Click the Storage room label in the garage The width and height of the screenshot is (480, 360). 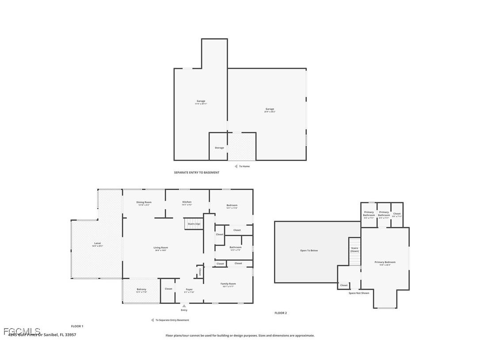[x=219, y=148]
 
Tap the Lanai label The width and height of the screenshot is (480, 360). [x=97, y=243]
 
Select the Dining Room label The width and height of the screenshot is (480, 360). [x=144, y=203]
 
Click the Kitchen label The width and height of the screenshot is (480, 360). [x=187, y=202]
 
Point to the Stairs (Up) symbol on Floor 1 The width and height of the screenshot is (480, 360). [x=193, y=224]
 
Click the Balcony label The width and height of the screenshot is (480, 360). [x=141, y=290]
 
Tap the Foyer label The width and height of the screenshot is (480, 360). [x=189, y=290]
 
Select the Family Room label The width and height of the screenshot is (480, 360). [x=228, y=284]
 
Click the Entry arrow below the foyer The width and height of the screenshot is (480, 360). [x=184, y=305]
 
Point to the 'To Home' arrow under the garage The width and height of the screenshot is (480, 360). [x=236, y=166]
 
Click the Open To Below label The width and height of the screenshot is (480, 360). [x=309, y=251]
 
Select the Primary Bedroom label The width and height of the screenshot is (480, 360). [x=385, y=262]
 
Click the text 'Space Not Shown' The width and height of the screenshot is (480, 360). [x=358, y=293]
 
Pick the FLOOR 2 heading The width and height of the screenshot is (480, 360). [x=280, y=313]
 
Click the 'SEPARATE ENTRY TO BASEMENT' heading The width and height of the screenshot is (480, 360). [x=196, y=172]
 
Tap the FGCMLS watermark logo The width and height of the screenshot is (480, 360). [x=22, y=331]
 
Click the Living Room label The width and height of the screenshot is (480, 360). [x=160, y=248]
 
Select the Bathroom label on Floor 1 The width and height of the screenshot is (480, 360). [x=235, y=248]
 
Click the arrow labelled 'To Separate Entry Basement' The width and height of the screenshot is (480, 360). [x=152, y=320]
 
